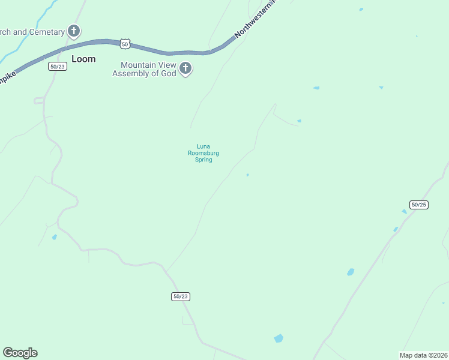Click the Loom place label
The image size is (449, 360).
coord(83,59)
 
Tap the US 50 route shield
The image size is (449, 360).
coord(124,44)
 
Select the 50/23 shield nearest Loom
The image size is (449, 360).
coord(58,67)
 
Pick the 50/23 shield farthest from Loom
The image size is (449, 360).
coord(181,296)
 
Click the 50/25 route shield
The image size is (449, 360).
coord(418,205)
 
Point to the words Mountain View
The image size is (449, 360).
coord(147,65)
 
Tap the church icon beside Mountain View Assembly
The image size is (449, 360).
coord(185,68)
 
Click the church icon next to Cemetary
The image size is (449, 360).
coord(74,31)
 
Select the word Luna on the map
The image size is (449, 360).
coord(203,146)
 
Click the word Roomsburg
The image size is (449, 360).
coord(203,153)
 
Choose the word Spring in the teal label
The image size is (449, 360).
coord(203,160)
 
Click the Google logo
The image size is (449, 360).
coord(20,353)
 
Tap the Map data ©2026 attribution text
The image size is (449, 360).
coord(423,355)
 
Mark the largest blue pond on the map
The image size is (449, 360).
coord(279,338)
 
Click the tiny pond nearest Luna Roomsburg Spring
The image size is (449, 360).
coord(247,175)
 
